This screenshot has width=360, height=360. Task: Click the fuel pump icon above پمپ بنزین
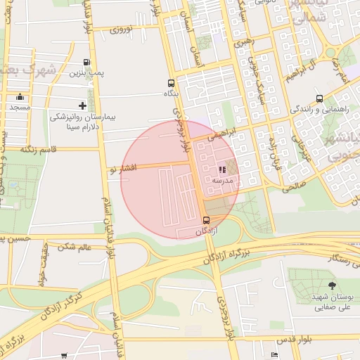[x=86, y=63]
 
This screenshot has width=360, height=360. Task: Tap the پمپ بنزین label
[x=90, y=73]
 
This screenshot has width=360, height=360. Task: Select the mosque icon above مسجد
[x=20, y=97]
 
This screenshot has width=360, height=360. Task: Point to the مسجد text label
[x=20, y=108]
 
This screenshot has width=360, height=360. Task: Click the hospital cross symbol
[x=83, y=105]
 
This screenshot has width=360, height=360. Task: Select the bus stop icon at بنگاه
[x=172, y=82]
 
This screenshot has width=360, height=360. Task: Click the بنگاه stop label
[x=171, y=93]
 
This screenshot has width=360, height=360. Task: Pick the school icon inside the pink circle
[x=222, y=169]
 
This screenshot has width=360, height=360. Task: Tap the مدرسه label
[x=223, y=180]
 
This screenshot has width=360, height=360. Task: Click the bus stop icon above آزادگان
[x=205, y=220]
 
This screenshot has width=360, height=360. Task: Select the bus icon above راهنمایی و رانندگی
[x=320, y=98]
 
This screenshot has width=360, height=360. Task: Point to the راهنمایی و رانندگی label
[x=320, y=109]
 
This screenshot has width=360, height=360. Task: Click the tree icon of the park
[x=332, y=285]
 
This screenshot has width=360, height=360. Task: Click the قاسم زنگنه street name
[x=39, y=149]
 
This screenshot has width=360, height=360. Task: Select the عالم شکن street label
[x=76, y=247]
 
